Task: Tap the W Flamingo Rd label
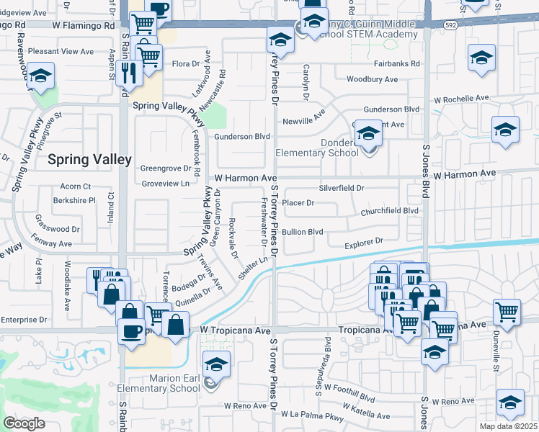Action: [x=84, y=25]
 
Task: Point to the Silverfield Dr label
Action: [x=342, y=188]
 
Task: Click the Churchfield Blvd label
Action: [x=390, y=211]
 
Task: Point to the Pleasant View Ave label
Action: [x=61, y=52]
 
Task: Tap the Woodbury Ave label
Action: [x=372, y=79]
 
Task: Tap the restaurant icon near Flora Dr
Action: [x=128, y=72]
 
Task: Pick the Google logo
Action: [x=24, y=423]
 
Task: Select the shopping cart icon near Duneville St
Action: [x=507, y=312]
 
